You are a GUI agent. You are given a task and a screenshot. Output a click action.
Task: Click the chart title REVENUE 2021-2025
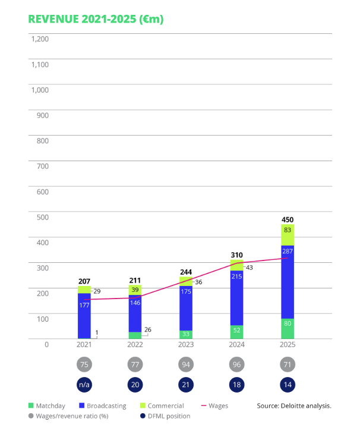click(96, 19)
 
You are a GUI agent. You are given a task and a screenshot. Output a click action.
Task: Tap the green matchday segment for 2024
click(236, 332)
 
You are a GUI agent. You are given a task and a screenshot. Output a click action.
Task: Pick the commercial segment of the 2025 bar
click(288, 234)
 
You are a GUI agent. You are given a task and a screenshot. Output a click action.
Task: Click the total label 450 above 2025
click(288, 219)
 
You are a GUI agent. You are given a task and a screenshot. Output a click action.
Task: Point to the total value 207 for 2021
click(84, 280)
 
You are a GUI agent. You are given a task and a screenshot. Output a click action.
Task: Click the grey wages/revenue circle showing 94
click(186, 365)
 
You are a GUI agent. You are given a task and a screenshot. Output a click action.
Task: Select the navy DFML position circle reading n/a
click(84, 385)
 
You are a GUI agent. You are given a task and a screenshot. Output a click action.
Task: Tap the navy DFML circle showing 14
click(288, 385)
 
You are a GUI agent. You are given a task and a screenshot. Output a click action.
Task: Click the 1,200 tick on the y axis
click(40, 39)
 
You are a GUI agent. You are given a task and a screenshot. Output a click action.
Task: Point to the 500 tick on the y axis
click(42, 217)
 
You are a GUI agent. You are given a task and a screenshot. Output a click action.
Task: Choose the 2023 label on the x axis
click(186, 344)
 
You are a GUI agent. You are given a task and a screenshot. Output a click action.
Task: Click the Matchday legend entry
click(51, 406)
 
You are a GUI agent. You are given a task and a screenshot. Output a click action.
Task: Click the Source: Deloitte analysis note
click(294, 406)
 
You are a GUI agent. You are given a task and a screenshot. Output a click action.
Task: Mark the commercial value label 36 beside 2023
click(198, 282)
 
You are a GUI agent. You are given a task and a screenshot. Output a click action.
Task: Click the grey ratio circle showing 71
click(288, 365)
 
